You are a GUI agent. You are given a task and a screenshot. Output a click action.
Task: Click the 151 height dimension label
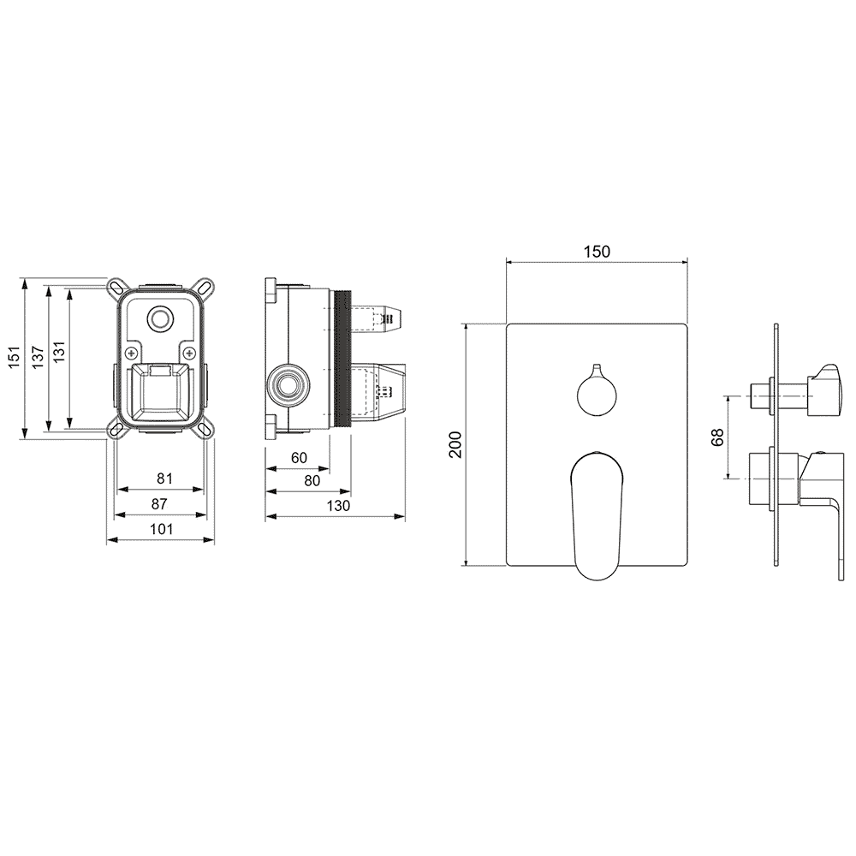click(x=15, y=356)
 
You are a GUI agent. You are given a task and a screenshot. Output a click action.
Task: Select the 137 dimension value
click(x=38, y=356)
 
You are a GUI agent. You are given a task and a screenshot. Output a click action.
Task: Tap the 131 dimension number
click(x=59, y=352)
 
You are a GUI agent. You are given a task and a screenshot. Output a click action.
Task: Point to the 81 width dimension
click(x=164, y=479)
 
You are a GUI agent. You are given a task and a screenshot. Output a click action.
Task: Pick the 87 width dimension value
click(x=159, y=504)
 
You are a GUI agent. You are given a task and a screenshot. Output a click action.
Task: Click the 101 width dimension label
click(x=162, y=529)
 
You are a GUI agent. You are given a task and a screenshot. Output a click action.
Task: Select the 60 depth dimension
click(x=299, y=458)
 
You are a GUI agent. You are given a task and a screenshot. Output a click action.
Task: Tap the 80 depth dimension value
click(x=312, y=481)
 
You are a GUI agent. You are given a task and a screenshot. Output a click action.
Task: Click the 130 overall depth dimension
click(x=338, y=506)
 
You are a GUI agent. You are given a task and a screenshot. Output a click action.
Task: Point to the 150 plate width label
click(x=597, y=252)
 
